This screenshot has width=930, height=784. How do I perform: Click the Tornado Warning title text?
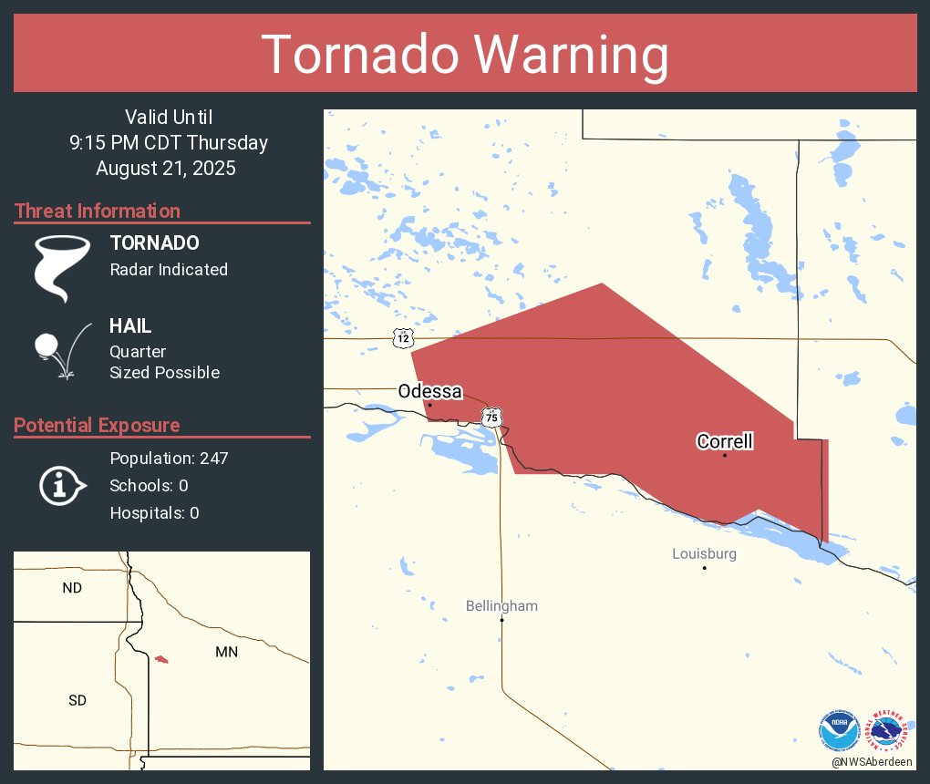pyautogui.click(x=465, y=55)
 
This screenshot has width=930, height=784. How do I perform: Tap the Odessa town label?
pyautogui.click(x=429, y=391)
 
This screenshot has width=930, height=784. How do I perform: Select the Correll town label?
pyautogui.click(x=725, y=441)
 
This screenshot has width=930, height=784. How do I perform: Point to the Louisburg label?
pyautogui.click(x=704, y=553)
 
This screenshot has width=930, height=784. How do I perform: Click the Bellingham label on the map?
pyautogui.click(x=501, y=605)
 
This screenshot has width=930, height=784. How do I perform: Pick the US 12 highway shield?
pyautogui.click(x=403, y=337)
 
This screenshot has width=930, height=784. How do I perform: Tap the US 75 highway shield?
pyautogui.click(x=492, y=417)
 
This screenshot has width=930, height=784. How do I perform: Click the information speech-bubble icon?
pyautogui.click(x=61, y=485)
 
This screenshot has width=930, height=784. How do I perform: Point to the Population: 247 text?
pyautogui.click(x=169, y=458)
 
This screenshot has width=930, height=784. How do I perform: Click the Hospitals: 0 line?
pyautogui.click(x=154, y=512)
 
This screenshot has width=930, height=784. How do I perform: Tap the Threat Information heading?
pyautogui.click(x=98, y=211)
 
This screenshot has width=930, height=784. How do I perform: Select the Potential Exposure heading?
pyautogui.click(x=97, y=425)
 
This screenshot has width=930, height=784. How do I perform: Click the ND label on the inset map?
pyautogui.click(x=72, y=588)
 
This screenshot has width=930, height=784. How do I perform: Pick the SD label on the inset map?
pyautogui.click(x=77, y=700)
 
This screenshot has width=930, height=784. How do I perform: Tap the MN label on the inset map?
pyautogui.click(x=226, y=652)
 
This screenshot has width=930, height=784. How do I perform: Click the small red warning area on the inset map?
pyautogui.click(x=161, y=658)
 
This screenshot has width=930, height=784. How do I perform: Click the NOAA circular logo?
pyautogui.click(x=839, y=730)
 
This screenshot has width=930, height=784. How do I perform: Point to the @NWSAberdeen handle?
pyautogui.click(x=873, y=761)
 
